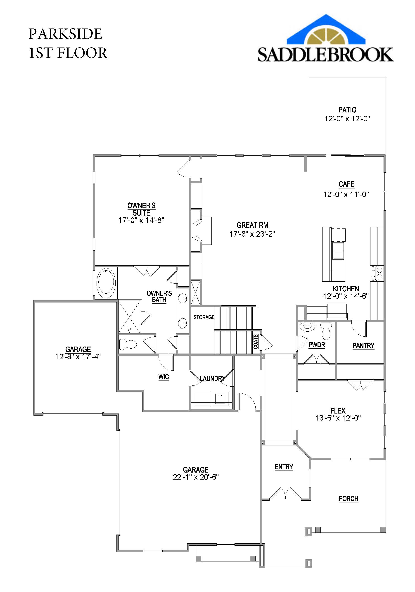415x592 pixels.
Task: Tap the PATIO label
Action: tap(347, 110)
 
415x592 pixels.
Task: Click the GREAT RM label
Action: tap(252, 225)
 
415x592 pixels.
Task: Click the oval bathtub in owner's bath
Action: tap(106, 283)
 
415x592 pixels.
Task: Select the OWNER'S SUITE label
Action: tap(141, 209)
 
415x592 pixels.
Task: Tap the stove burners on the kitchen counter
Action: tap(377, 273)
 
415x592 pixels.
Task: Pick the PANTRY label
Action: tap(363, 345)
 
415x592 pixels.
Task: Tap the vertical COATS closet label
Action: tap(255, 342)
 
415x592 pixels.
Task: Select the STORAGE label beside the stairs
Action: tap(204, 317)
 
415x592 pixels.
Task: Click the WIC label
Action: tap(164, 377)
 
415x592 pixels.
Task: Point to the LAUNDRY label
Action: tap(212, 378)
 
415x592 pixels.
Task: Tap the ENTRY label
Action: tap(284, 467)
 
